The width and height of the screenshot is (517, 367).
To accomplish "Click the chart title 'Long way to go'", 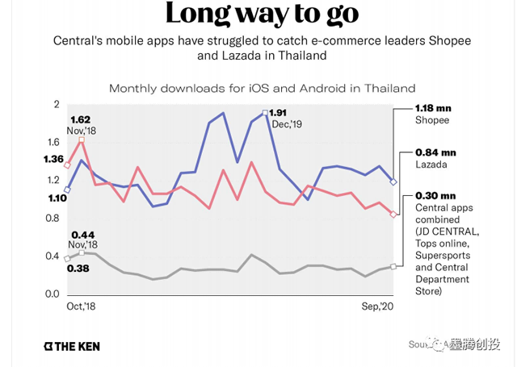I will (x=258, y=15).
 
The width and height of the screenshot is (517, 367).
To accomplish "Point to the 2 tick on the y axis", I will (x=57, y=105).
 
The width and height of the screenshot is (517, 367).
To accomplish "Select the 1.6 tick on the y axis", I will (x=53, y=142).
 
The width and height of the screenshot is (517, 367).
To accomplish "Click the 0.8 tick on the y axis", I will (x=53, y=219).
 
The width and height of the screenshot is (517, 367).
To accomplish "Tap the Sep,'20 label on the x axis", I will (x=376, y=307).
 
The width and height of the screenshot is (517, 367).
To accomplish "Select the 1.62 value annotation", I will (x=81, y=120).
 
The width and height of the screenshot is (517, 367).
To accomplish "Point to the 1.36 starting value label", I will (x=54, y=159).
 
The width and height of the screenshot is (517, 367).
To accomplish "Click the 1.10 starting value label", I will (x=57, y=198).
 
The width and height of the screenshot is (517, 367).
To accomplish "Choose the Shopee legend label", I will (x=432, y=120).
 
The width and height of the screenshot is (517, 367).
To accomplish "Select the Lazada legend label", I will (x=431, y=164).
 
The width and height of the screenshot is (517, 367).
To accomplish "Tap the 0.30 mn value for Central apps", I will (x=435, y=195).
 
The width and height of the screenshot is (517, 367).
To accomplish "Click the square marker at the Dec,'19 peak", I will (x=265, y=113).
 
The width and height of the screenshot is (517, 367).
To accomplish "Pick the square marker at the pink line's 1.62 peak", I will (x=82, y=140).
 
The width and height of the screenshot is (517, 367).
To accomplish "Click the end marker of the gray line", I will (x=393, y=266).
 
